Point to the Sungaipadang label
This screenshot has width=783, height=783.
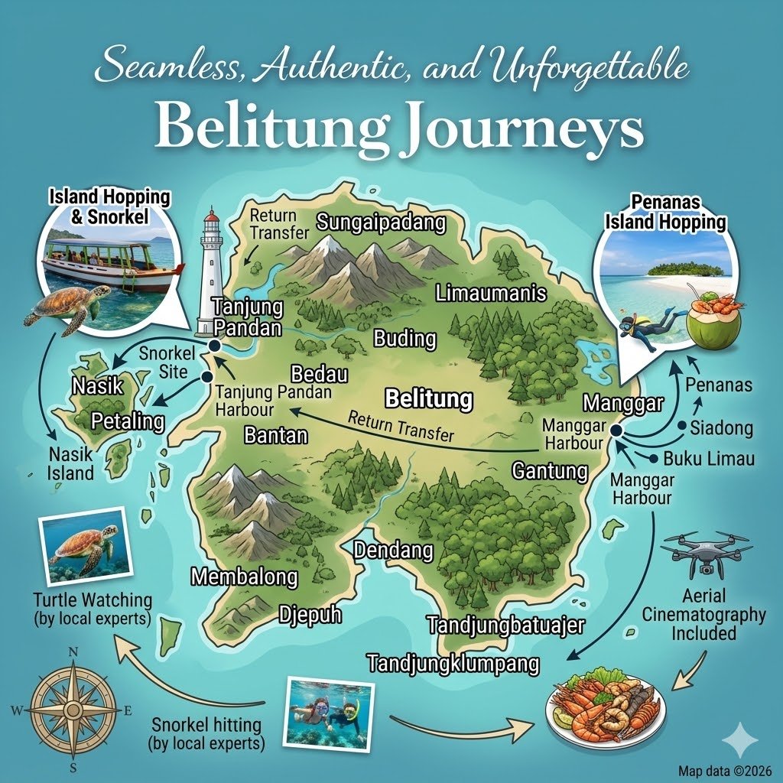click(x=381, y=223)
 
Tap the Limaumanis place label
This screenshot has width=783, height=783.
click(x=491, y=293)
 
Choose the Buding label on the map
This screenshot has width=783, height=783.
click(x=404, y=339)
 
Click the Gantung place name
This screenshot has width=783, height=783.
click(x=550, y=470)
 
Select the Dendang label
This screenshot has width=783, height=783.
click(x=393, y=551)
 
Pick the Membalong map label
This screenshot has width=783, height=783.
click(x=245, y=577)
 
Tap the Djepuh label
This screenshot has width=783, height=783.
click(x=309, y=614)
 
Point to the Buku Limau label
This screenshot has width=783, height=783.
click(x=709, y=459)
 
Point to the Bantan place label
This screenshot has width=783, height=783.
click(x=275, y=435)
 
